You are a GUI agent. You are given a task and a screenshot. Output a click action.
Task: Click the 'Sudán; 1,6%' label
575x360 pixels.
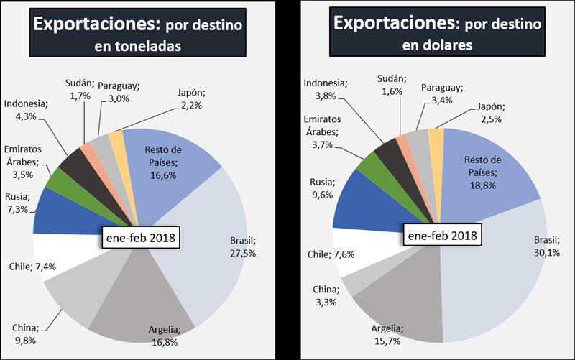[x=392, y=84]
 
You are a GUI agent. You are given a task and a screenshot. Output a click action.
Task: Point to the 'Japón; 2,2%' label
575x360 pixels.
[x=191, y=99]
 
